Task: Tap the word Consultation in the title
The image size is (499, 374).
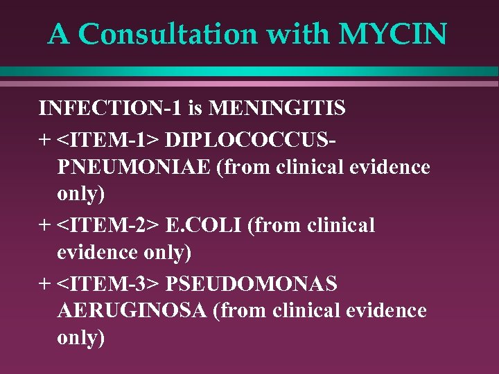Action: click(x=166, y=34)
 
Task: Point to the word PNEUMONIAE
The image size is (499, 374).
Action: click(x=132, y=167)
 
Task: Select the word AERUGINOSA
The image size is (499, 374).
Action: click(x=132, y=311)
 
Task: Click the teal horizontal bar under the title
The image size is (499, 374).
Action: click(x=249, y=71)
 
